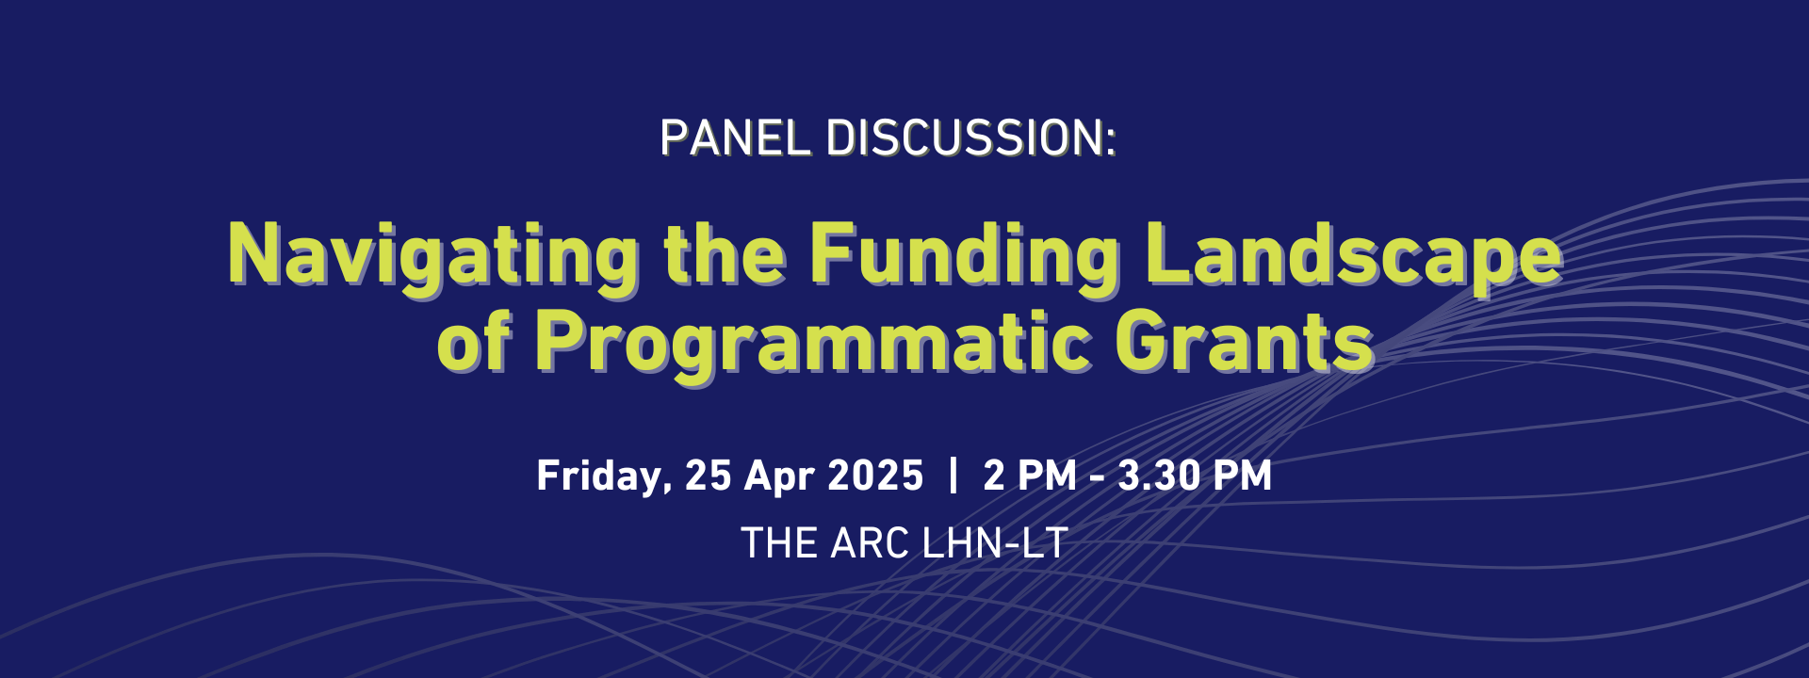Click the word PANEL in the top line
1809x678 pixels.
pos(736,138)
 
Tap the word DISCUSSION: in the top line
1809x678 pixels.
pos(971,138)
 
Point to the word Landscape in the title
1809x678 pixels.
pos(1355,256)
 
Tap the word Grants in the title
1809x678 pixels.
pos(1245,340)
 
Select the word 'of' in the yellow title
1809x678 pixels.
pos(474,340)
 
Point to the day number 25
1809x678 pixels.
pos(709,476)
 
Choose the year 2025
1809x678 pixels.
pos(875,476)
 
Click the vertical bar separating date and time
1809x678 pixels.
pos(953,476)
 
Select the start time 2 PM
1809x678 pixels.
pos(1030,476)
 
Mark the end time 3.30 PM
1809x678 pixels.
pos(1195,476)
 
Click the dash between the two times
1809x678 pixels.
pos(1098,478)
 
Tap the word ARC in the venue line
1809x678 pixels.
pos(870,543)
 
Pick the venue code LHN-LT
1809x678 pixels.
pos(995,543)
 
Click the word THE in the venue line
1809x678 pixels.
pos(779,543)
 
